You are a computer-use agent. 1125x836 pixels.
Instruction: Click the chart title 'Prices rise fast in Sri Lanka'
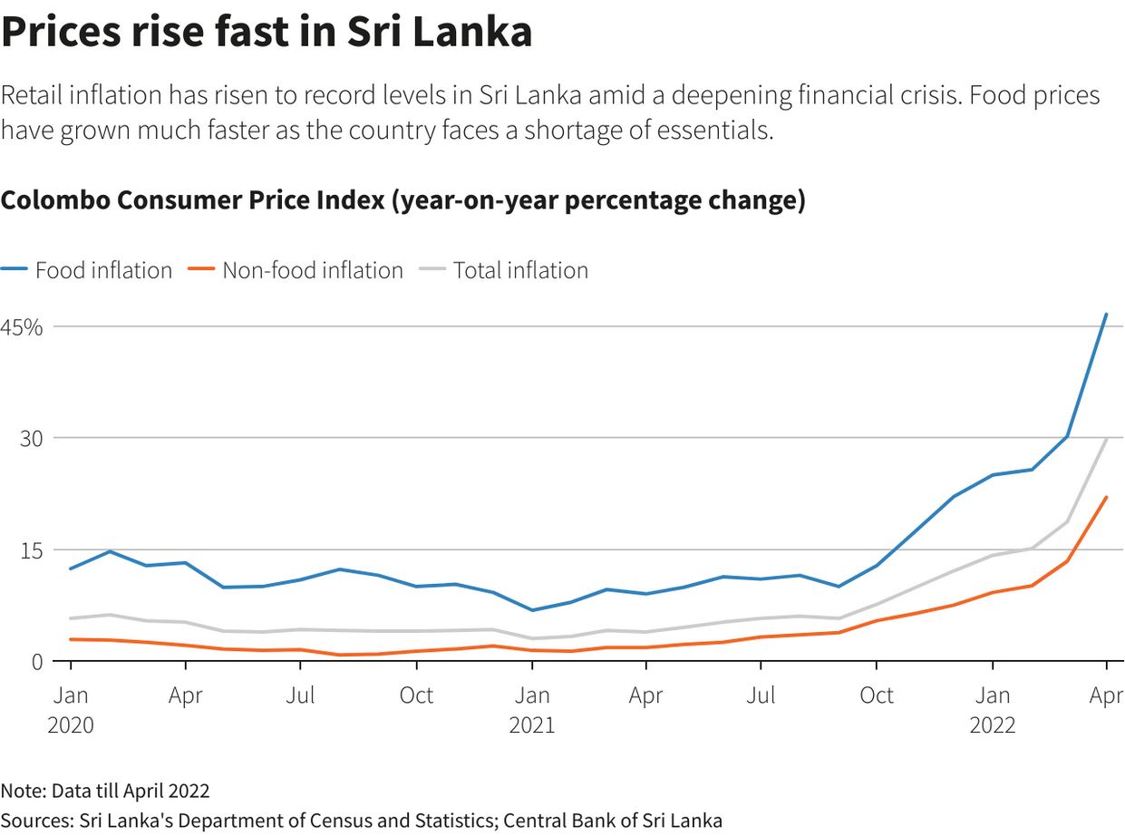266,33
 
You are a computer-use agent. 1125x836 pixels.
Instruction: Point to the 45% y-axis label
22,327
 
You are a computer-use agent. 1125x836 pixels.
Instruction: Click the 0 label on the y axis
36,662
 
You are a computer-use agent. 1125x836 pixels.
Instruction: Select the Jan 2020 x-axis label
71,710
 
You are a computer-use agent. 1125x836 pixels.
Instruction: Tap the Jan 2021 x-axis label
532,710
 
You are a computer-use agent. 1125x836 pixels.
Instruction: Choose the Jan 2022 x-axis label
993,710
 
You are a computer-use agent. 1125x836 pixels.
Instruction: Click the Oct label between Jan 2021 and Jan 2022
877,695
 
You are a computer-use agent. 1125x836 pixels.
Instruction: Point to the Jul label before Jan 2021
300,695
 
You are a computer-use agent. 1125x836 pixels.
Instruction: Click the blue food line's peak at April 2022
1106,315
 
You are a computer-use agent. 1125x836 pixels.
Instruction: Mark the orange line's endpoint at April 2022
1106,497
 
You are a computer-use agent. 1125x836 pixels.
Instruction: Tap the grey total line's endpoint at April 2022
1106,439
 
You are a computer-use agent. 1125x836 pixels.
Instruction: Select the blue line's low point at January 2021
532,610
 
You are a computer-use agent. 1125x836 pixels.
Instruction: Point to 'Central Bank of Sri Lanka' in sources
613,821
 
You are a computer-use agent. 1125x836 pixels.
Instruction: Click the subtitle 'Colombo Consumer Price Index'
193,200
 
